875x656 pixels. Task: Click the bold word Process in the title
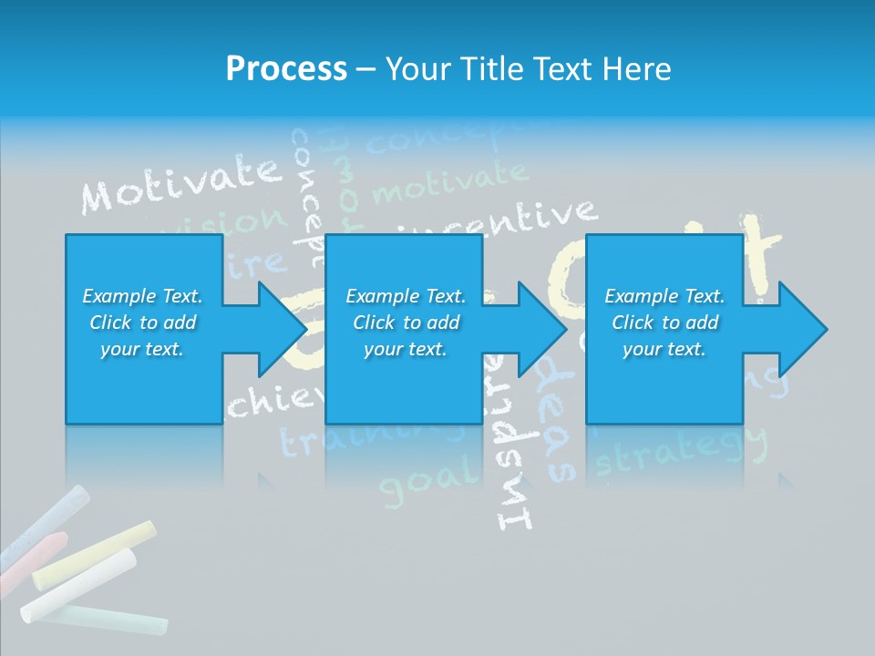coord(286,69)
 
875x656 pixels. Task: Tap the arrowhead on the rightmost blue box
coord(802,329)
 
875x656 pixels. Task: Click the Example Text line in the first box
coord(142,296)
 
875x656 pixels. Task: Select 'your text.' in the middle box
coord(405,349)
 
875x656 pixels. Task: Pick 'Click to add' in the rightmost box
coord(664,323)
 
